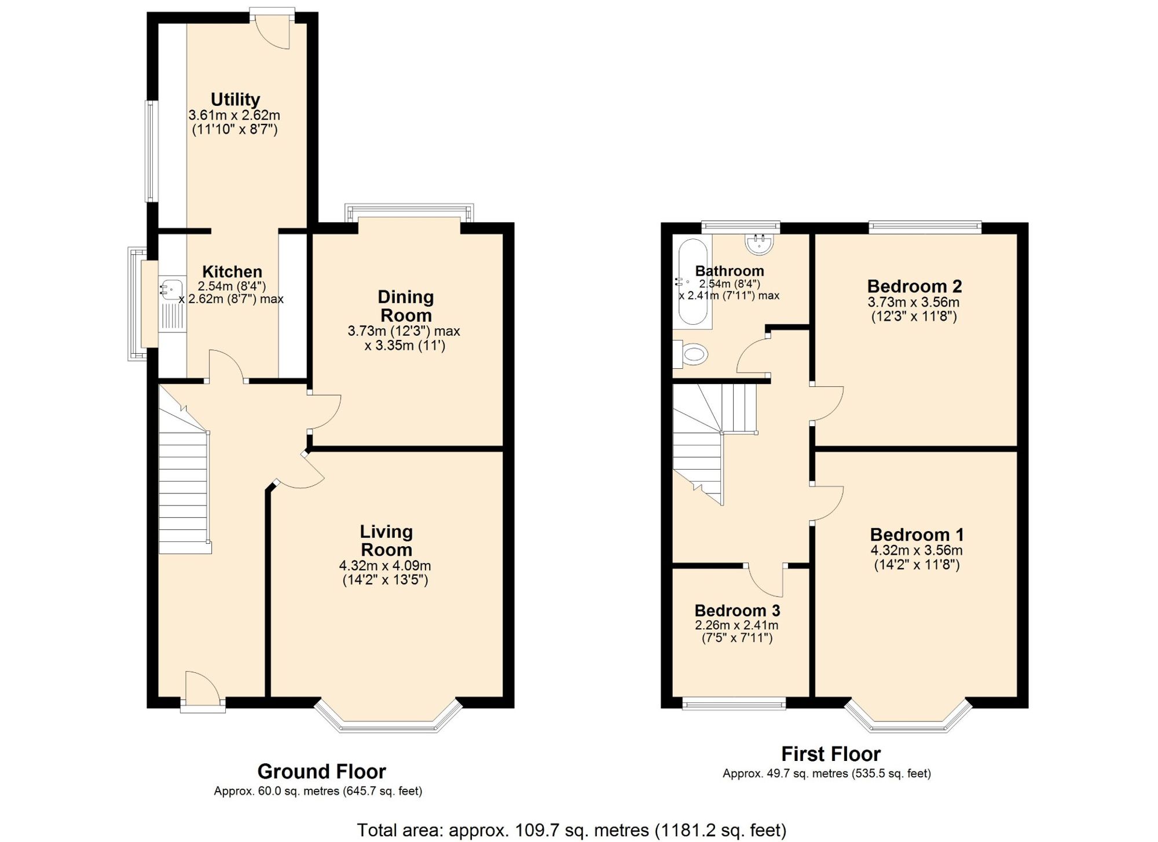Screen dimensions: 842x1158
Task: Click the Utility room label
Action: click(235, 99)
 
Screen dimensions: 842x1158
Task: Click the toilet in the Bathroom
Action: click(693, 354)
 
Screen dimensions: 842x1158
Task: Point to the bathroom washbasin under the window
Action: click(760, 244)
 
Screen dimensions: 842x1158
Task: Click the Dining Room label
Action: click(405, 306)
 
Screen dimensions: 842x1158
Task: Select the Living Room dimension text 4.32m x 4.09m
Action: click(385, 566)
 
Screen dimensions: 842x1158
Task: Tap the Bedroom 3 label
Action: click(737, 610)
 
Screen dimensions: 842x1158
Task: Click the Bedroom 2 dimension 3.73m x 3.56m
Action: click(913, 302)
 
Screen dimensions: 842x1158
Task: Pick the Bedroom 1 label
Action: click(917, 535)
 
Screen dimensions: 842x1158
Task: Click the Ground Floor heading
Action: click(321, 771)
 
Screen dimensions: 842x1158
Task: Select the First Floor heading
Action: click(830, 754)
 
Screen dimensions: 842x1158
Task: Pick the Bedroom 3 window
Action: click(734, 704)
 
